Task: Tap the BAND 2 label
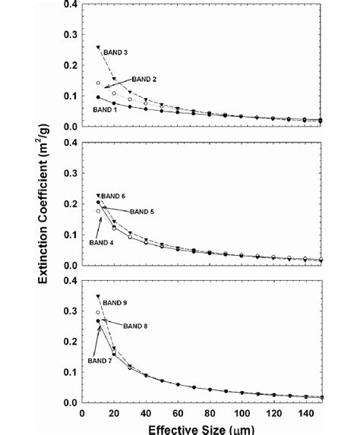[x=144, y=79]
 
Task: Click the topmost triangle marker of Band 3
[x=98, y=47]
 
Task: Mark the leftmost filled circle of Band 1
[x=98, y=97]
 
